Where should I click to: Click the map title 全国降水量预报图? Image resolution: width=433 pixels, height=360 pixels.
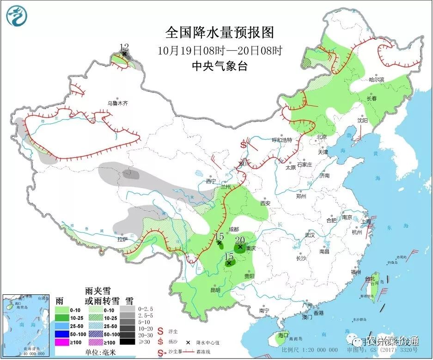pos(220,33)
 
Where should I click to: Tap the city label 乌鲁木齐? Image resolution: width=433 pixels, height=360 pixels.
pos(117,103)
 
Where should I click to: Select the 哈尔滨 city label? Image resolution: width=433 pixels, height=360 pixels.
pos(376,79)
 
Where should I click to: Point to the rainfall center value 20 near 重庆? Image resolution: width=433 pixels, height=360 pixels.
pos(240,240)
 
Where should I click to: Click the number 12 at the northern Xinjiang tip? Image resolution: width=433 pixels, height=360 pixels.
pos(124,47)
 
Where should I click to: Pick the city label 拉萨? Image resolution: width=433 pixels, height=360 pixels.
pos(122,239)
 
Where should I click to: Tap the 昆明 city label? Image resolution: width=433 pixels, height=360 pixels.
pos(215,290)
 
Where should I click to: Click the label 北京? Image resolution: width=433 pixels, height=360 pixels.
pos(321,137)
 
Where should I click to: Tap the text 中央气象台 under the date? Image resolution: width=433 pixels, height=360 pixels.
pos(220,66)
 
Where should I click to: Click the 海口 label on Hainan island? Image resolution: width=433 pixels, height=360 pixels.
pos(283,335)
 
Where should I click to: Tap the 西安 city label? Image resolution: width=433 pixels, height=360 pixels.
pos(265,203)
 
